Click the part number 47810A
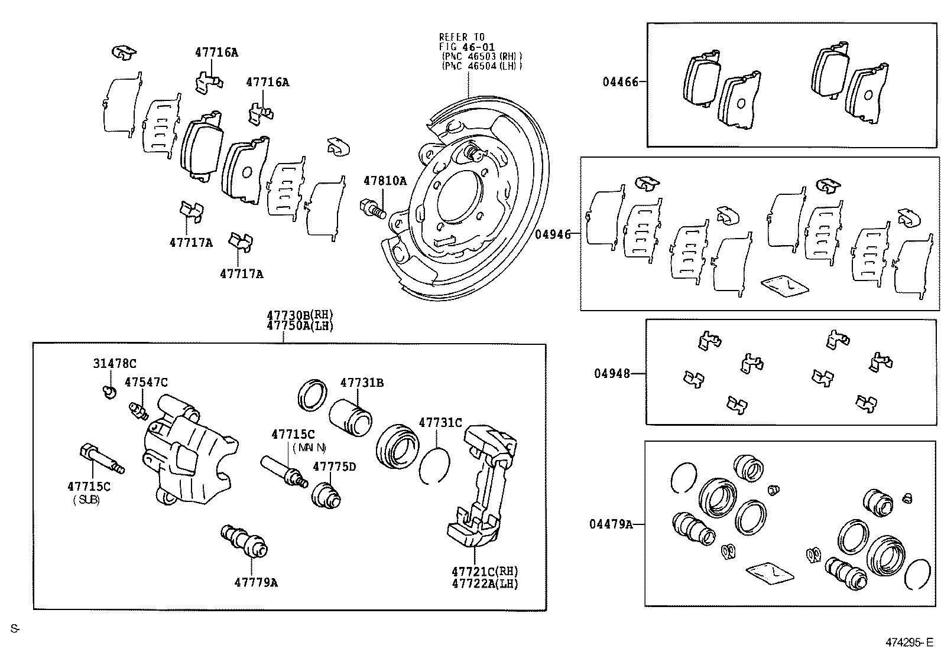[385, 181]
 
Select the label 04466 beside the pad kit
[621, 82]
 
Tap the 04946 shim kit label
[553, 234]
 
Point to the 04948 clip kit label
[612, 373]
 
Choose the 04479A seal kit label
[611, 524]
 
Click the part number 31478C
[114, 364]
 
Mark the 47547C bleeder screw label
[146, 383]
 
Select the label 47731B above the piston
[361, 383]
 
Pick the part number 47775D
[334, 467]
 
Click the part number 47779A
[256, 582]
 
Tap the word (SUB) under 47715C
[86, 500]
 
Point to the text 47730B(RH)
[300, 315]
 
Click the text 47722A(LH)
[485, 583]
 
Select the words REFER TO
[462, 37]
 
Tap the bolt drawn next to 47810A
[372, 208]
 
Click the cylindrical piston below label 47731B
[350, 414]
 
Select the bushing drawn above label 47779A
[244, 540]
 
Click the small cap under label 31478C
[108, 391]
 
